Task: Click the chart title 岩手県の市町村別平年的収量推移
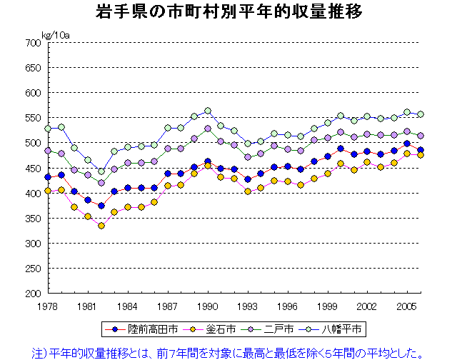point(228,13)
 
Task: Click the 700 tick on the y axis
point(33,43)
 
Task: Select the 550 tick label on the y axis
point(33,118)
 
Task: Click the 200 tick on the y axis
point(33,293)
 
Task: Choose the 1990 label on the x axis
point(207,306)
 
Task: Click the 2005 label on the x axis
point(406,306)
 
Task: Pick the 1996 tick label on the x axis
point(287,306)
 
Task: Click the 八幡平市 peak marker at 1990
point(207,111)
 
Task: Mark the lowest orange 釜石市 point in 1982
point(101,226)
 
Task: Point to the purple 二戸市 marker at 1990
point(207,129)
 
